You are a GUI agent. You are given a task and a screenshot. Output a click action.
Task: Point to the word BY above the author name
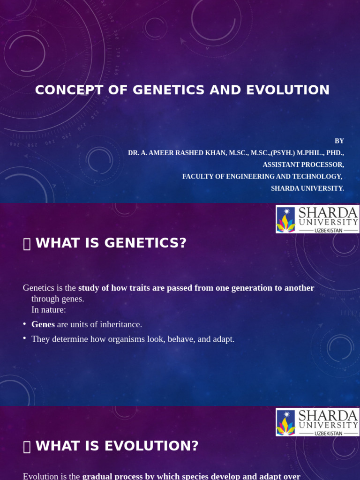[339, 141]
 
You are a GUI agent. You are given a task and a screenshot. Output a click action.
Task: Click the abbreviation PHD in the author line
[332, 153]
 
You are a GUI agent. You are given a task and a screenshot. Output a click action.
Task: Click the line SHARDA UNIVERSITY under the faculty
[307, 188]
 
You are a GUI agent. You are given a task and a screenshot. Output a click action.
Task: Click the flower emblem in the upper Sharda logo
[285, 219]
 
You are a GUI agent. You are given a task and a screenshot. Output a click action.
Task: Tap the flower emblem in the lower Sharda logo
[285, 422]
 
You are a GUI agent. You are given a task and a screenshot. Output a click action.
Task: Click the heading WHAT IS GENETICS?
[111, 243]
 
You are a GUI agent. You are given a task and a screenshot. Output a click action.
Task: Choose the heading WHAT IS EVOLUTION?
[117, 446]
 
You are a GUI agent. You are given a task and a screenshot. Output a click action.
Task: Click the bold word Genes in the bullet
[43, 324]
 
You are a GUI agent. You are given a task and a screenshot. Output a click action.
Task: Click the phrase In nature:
[49, 310]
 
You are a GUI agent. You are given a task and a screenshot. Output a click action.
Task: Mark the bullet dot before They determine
[24, 338]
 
